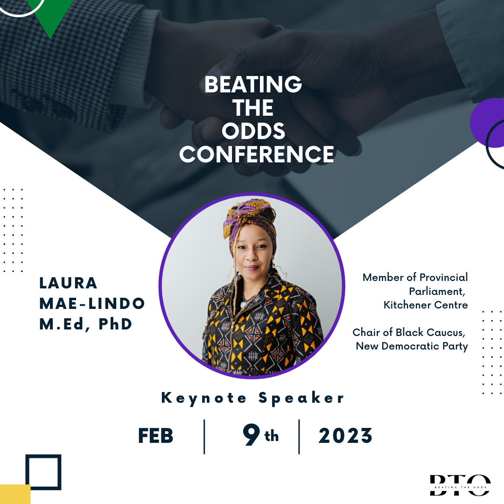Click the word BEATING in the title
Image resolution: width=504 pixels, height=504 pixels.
click(253, 84)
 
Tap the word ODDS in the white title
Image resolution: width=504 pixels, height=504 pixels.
click(253, 131)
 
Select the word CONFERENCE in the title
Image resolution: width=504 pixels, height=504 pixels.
click(257, 154)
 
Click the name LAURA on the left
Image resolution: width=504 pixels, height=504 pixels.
click(68, 283)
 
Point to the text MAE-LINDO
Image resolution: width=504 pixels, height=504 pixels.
click(92, 303)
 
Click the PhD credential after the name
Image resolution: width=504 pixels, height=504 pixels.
click(115, 324)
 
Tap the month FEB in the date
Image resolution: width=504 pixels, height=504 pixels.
click(155, 436)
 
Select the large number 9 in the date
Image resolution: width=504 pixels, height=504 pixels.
click(252, 434)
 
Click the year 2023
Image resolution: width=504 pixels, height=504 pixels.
click(345, 436)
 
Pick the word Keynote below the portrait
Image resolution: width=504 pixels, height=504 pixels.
click(204, 399)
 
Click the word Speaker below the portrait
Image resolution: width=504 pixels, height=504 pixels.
click(301, 399)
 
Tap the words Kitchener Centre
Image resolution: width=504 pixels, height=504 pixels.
click(426, 305)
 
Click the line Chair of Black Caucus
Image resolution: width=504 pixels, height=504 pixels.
click(409, 332)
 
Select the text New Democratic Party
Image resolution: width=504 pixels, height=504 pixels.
click(412, 346)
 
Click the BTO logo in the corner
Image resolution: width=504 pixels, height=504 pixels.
click(460, 485)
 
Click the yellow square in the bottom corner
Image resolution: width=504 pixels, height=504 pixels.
click(15, 494)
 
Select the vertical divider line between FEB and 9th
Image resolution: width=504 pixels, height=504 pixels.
click(204, 436)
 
